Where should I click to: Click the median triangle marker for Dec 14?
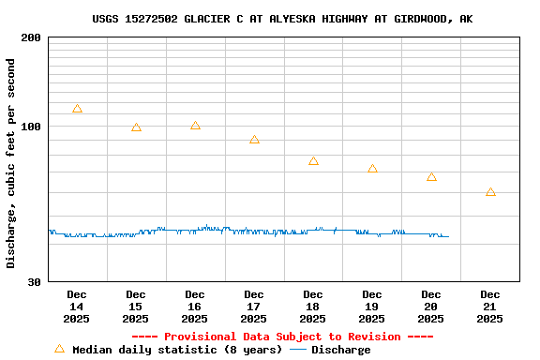click(77, 109)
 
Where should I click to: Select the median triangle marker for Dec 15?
click(136, 127)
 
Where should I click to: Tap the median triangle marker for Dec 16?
click(195, 126)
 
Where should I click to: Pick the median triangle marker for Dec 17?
click(254, 140)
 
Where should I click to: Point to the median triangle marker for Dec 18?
click(313, 161)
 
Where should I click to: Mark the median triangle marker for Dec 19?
click(372, 169)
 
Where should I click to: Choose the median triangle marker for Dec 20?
click(431, 177)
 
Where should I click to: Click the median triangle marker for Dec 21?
click(490, 192)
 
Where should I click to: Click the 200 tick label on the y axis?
click(31, 37)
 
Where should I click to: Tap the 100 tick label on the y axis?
click(31, 127)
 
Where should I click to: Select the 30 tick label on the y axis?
click(34, 282)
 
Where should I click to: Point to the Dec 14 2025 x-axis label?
click(77, 307)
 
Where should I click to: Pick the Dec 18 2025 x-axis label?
click(313, 307)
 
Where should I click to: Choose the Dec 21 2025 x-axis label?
click(490, 307)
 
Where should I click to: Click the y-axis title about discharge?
click(11, 163)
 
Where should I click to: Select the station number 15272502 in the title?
click(154, 19)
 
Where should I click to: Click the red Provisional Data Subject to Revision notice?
click(282, 337)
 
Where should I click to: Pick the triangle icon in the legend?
click(60, 349)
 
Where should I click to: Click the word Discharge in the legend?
click(340, 350)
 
